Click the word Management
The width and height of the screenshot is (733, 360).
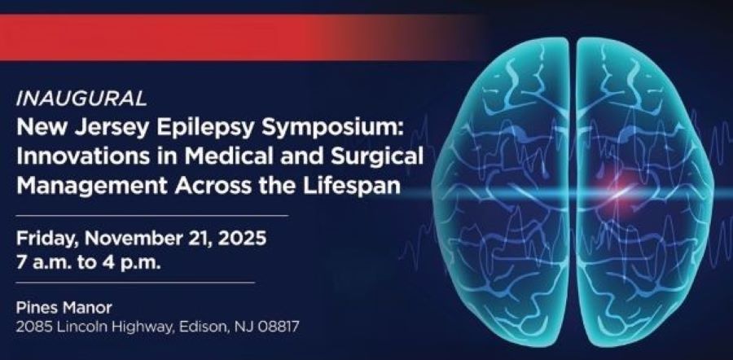click(90, 182)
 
